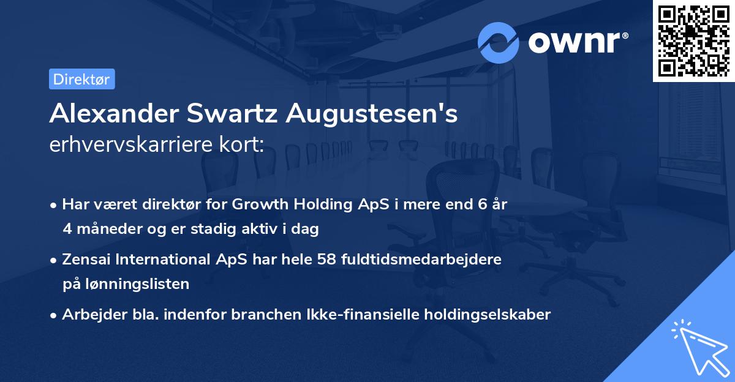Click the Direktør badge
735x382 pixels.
click(81, 79)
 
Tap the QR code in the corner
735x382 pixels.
click(693, 40)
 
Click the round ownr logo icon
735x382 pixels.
click(499, 42)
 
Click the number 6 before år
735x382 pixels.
click(483, 204)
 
